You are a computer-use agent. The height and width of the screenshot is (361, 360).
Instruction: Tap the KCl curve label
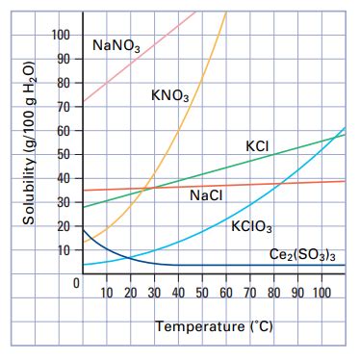(257, 145)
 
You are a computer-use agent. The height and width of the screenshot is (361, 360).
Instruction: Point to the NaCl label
(207, 195)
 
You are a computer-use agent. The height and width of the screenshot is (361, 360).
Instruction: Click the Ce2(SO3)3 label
(302, 255)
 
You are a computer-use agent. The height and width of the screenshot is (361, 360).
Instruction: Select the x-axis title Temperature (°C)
(214, 326)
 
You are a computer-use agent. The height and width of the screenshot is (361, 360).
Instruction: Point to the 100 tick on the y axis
(61, 36)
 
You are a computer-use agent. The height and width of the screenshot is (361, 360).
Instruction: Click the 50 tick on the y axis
(64, 155)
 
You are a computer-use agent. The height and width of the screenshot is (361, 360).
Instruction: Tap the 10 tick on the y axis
(64, 250)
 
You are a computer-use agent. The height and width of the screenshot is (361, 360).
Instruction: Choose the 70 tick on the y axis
(64, 107)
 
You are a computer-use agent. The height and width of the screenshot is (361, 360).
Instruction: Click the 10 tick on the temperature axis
(108, 292)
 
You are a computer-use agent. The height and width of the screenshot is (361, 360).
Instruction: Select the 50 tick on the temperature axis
(202, 292)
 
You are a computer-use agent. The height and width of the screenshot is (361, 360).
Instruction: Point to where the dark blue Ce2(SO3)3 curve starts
(83, 229)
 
